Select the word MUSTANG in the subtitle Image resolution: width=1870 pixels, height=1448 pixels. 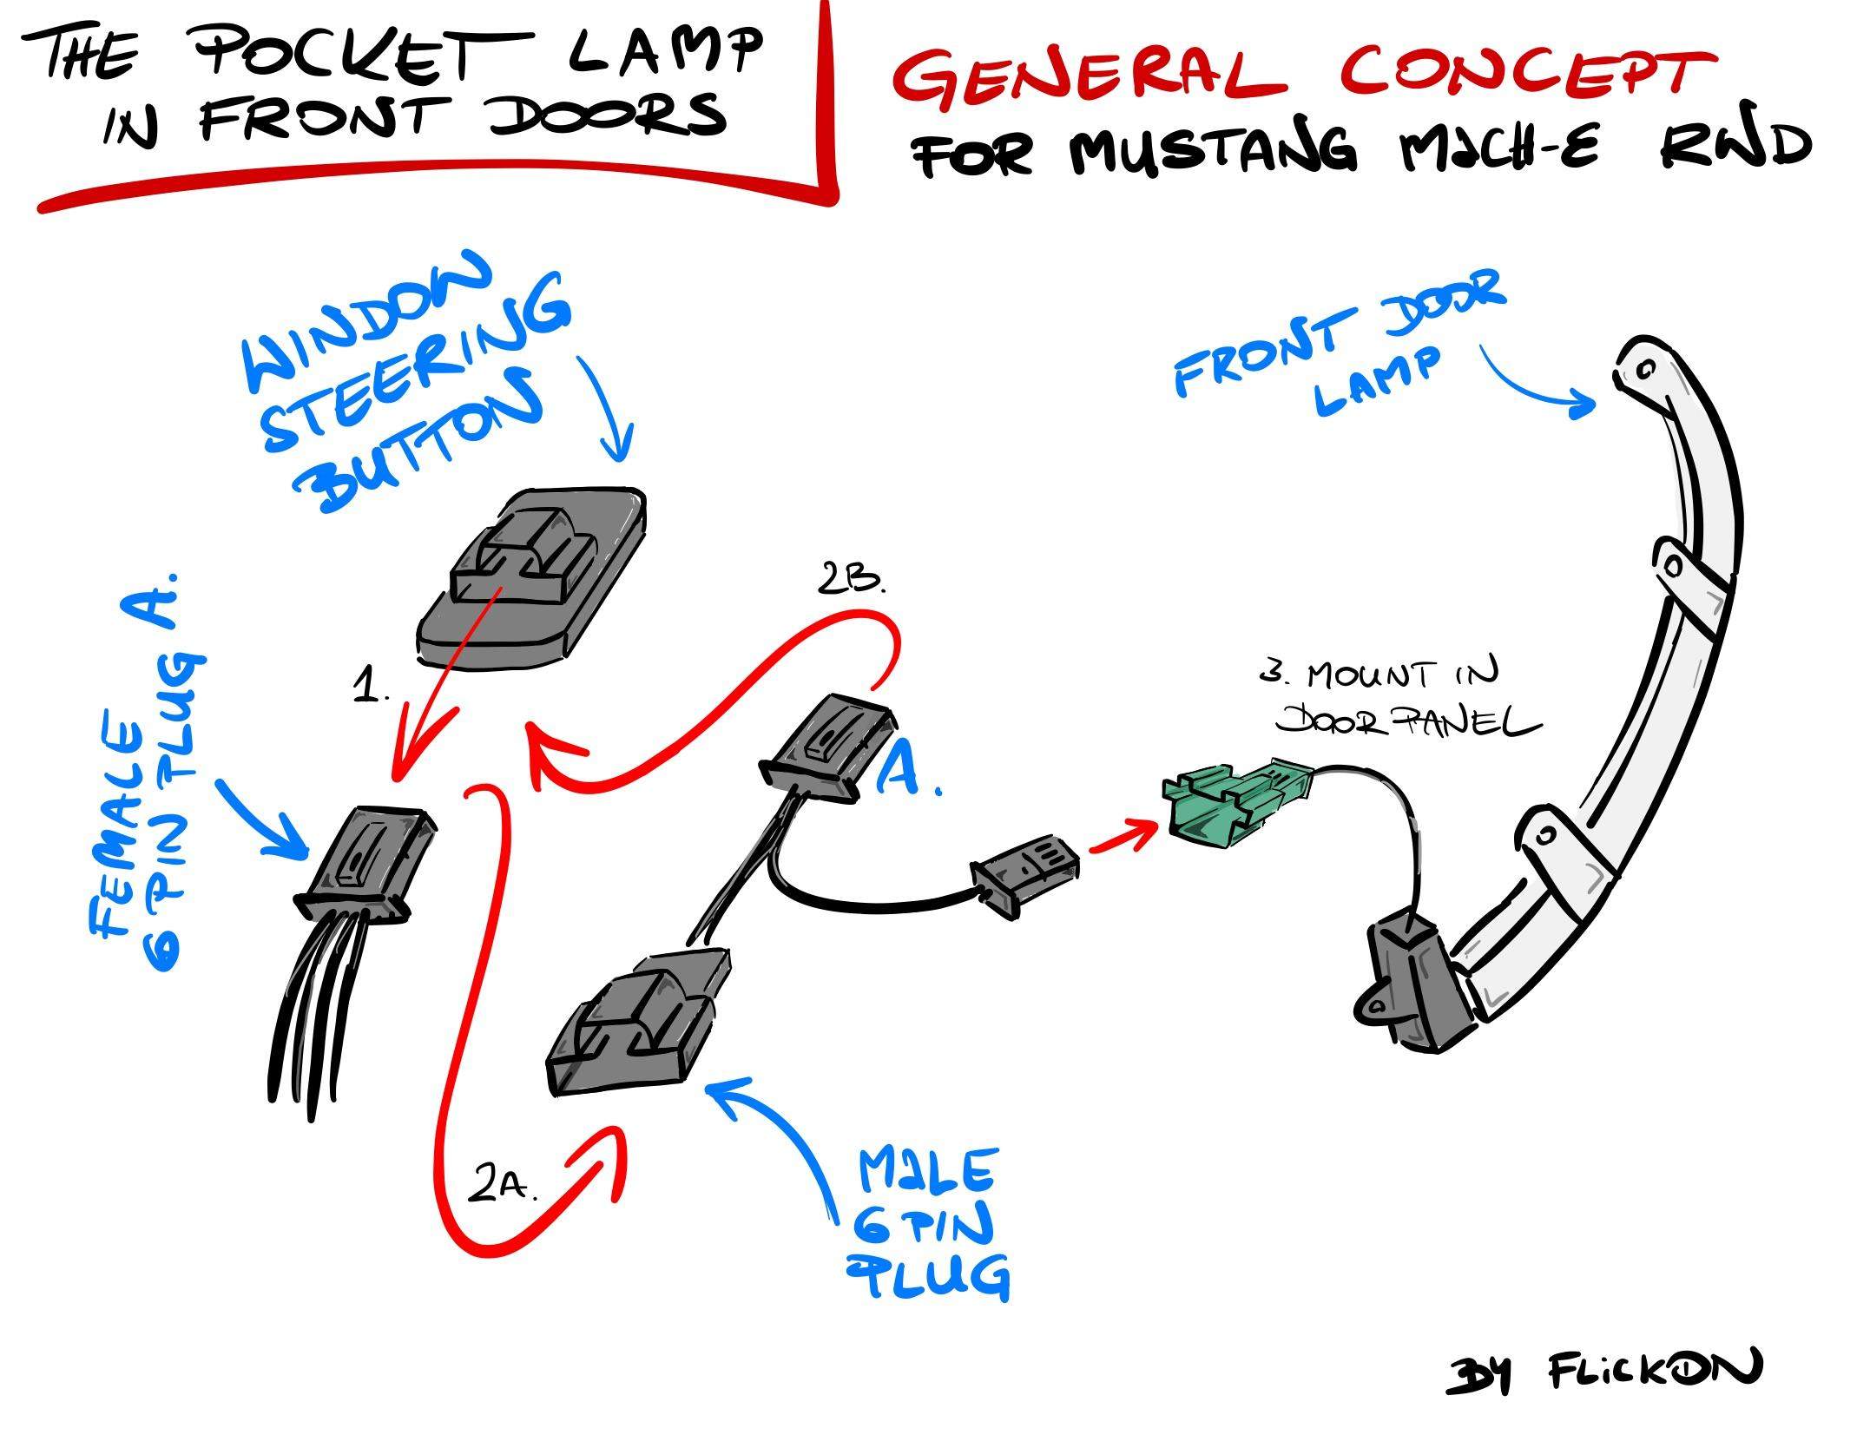coord(1210,153)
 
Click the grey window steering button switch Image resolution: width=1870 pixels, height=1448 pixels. coord(531,578)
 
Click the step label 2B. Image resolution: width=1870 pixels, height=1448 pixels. coord(852,581)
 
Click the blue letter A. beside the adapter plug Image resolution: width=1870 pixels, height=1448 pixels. coord(907,768)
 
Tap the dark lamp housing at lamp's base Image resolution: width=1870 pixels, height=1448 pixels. coord(1411,985)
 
